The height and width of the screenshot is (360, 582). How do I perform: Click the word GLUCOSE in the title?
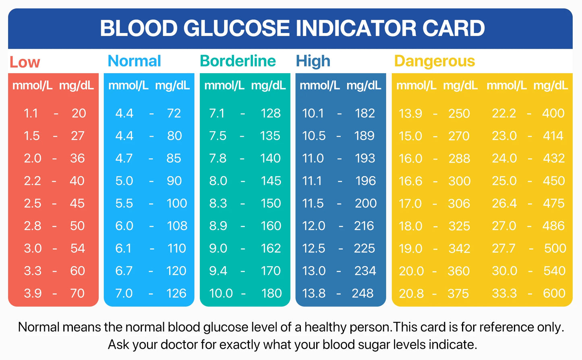[x=237, y=28]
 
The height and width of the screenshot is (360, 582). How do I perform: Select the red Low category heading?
[x=25, y=62]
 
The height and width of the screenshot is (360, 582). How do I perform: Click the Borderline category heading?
[x=238, y=61]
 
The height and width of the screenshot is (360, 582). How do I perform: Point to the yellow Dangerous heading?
[x=434, y=61]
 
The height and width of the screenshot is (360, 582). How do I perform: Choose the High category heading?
[x=313, y=61]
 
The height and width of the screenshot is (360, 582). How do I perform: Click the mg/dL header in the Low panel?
[x=76, y=85]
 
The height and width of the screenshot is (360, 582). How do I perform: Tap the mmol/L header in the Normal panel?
[x=128, y=85]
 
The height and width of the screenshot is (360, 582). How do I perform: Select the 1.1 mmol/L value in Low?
[x=31, y=114]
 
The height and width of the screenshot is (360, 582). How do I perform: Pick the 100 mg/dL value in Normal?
[x=176, y=203]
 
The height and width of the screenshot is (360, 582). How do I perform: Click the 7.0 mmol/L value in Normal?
[x=124, y=293]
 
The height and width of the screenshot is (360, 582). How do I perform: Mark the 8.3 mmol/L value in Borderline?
[x=217, y=203]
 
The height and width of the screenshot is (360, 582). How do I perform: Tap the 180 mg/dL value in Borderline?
[x=271, y=293]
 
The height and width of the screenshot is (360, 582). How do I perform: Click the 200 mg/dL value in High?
[x=365, y=203]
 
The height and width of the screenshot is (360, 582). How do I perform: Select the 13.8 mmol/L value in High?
[x=313, y=293]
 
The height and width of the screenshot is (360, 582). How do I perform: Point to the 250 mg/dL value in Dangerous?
[x=459, y=114]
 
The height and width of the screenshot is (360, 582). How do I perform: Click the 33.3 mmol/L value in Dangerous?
[x=504, y=293]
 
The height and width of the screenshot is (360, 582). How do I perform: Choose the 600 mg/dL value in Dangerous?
[x=554, y=293]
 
